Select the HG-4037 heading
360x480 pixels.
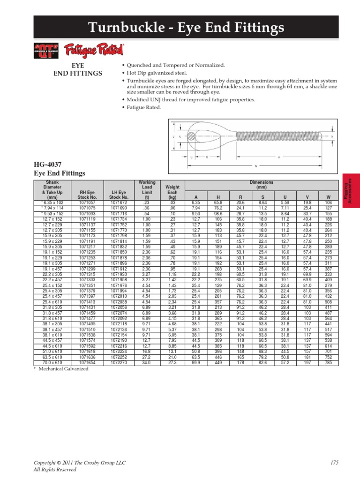[x=48, y=165]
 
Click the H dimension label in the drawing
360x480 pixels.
[x=278, y=157]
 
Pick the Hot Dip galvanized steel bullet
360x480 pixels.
[x=155, y=73]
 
